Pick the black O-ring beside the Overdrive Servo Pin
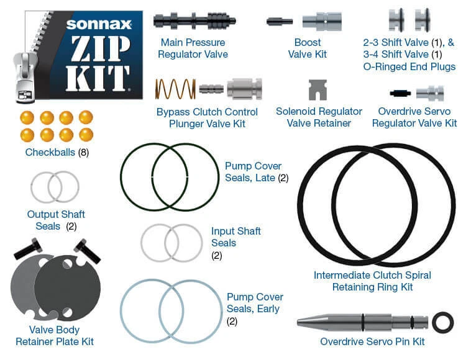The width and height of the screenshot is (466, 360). [x=442, y=322]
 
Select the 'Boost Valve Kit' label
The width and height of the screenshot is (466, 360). [x=308, y=48]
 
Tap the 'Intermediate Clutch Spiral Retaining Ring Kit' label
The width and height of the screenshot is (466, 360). [x=372, y=281]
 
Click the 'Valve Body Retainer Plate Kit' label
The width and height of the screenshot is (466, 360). [x=55, y=335]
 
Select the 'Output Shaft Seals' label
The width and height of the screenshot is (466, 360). [x=56, y=220]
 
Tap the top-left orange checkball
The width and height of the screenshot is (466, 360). [x=27, y=117]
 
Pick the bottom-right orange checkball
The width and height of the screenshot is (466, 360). [x=86, y=134]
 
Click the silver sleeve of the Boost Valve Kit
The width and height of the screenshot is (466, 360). [x=322, y=22]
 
